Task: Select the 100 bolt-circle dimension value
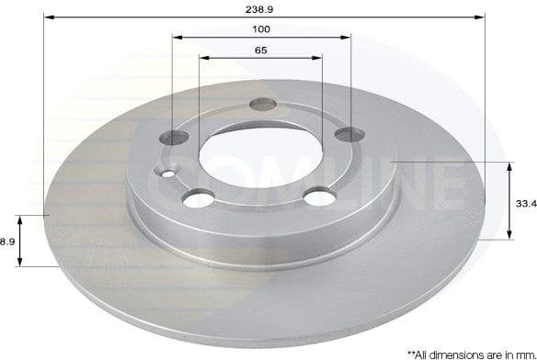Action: [x=262, y=29]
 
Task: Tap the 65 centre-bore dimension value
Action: [x=262, y=50]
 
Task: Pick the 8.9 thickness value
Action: [x=7, y=242]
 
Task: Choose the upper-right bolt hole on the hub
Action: [x=346, y=135]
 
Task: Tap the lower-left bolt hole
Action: [x=200, y=197]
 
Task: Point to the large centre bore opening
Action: [x=259, y=153]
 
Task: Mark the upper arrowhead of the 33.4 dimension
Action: [x=508, y=165]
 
